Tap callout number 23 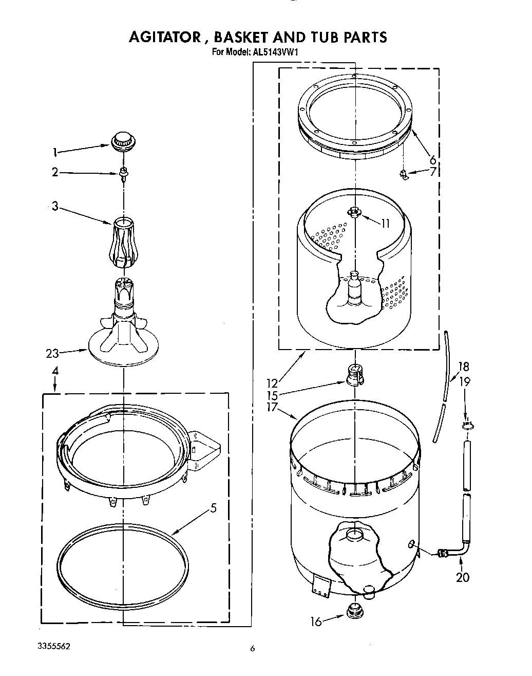pyautogui.click(x=52, y=353)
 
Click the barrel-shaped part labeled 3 pyautogui.click(x=123, y=242)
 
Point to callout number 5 pyautogui.click(x=214, y=508)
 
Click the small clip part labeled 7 pyautogui.click(x=405, y=175)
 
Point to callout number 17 pyautogui.click(x=272, y=407)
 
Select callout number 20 pyautogui.click(x=463, y=577)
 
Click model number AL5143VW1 pyautogui.click(x=275, y=52)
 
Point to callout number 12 pyautogui.click(x=272, y=383)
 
